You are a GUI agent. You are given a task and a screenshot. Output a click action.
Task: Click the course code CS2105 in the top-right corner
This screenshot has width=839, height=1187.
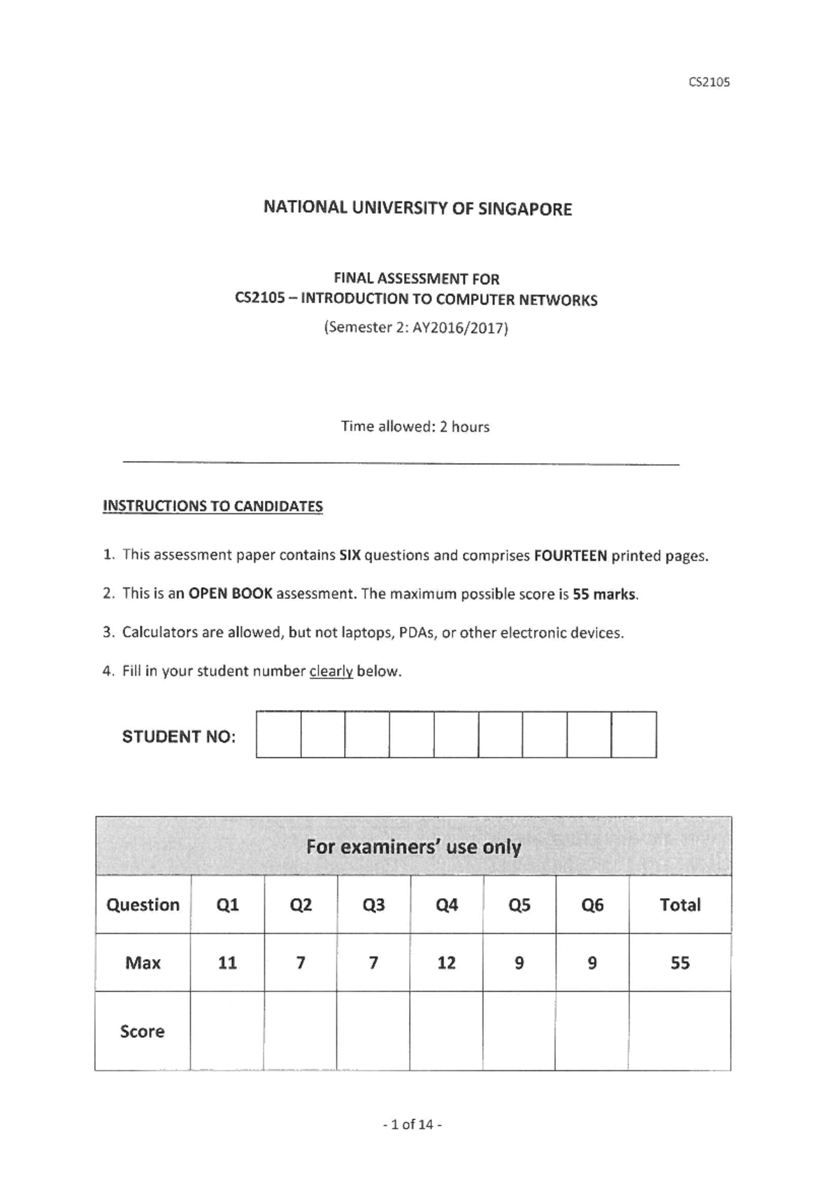[x=709, y=82]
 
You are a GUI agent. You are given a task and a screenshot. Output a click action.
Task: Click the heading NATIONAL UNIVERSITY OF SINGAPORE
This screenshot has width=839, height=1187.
[x=417, y=208]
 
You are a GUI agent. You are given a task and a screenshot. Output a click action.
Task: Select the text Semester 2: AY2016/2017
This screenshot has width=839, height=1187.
[x=415, y=327]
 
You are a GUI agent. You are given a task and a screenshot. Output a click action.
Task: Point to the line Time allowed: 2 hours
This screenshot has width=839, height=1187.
[x=415, y=427]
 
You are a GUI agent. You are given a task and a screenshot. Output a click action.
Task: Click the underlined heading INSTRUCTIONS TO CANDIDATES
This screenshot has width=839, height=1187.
[x=213, y=506]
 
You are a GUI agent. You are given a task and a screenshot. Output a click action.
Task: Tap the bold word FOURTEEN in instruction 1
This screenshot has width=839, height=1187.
[x=570, y=556]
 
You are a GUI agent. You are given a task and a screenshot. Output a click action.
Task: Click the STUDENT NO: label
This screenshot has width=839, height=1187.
[x=178, y=737]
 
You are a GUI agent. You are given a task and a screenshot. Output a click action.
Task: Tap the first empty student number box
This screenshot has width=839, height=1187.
[x=278, y=734]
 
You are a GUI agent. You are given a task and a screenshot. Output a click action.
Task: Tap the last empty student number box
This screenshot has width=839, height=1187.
[x=633, y=734]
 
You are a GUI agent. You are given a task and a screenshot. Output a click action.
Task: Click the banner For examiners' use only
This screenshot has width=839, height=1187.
[x=413, y=847]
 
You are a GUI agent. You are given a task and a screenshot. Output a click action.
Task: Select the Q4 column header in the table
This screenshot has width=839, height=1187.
[x=446, y=905]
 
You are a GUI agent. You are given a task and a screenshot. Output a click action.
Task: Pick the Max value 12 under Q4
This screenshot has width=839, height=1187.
[x=446, y=963]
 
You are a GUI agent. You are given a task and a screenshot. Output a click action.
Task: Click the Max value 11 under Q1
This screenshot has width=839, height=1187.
[x=227, y=963]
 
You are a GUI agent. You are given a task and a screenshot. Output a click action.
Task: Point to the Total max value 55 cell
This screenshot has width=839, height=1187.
[x=680, y=963]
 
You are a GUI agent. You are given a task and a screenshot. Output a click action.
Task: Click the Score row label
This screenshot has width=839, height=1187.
[x=142, y=1031]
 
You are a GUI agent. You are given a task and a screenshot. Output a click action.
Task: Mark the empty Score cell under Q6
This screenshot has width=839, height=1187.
[x=591, y=1031]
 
